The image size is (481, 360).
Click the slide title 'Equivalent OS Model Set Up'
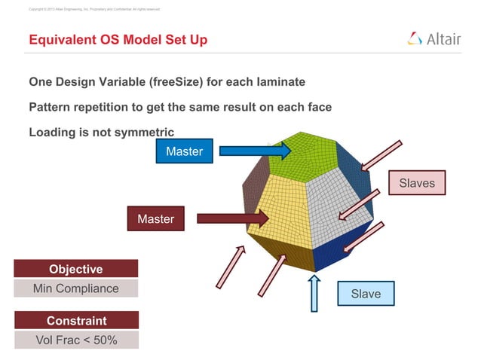[118, 40]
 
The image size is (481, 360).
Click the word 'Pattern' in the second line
[52, 107]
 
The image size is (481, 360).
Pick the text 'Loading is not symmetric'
[101, 132]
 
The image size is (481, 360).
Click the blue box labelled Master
[184, 151]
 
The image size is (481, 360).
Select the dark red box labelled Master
[155, 219]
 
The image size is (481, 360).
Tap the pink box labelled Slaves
[417, 183]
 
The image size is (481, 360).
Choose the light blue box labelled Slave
[366, 293]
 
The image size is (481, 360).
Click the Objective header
[75, 269]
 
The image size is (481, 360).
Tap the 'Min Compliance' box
[75, 288]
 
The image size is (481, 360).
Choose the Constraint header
[75, 321]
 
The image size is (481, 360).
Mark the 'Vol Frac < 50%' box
[75, 340]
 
